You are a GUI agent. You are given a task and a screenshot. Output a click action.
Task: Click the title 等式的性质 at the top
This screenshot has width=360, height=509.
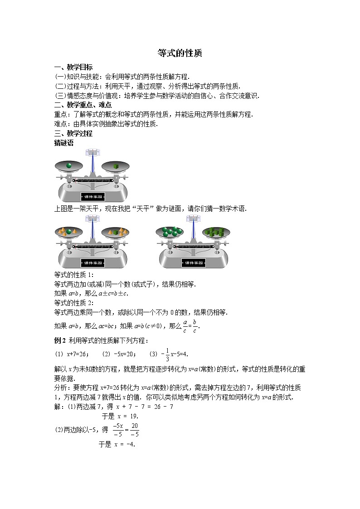(x=180, y=53)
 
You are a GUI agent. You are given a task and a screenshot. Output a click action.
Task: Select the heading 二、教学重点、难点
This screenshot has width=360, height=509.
(x=83, y=105)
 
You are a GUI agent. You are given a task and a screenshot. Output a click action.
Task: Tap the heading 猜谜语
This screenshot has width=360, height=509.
(x=63, y=142)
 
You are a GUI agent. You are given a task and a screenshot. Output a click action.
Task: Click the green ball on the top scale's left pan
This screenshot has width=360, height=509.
(x=69, y=165)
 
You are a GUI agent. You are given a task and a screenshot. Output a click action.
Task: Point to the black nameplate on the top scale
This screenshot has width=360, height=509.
(x=93, y=197)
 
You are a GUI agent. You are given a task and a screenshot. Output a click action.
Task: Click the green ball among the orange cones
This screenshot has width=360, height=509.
(x=69, y=232)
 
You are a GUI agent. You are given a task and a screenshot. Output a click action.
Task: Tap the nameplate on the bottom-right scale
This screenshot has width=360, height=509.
(x=195, y=263)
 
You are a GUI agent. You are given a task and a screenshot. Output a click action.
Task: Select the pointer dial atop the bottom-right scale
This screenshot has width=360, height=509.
(x=195, y=219)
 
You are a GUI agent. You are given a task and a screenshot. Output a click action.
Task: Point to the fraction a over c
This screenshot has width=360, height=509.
(x=185, y=325)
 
